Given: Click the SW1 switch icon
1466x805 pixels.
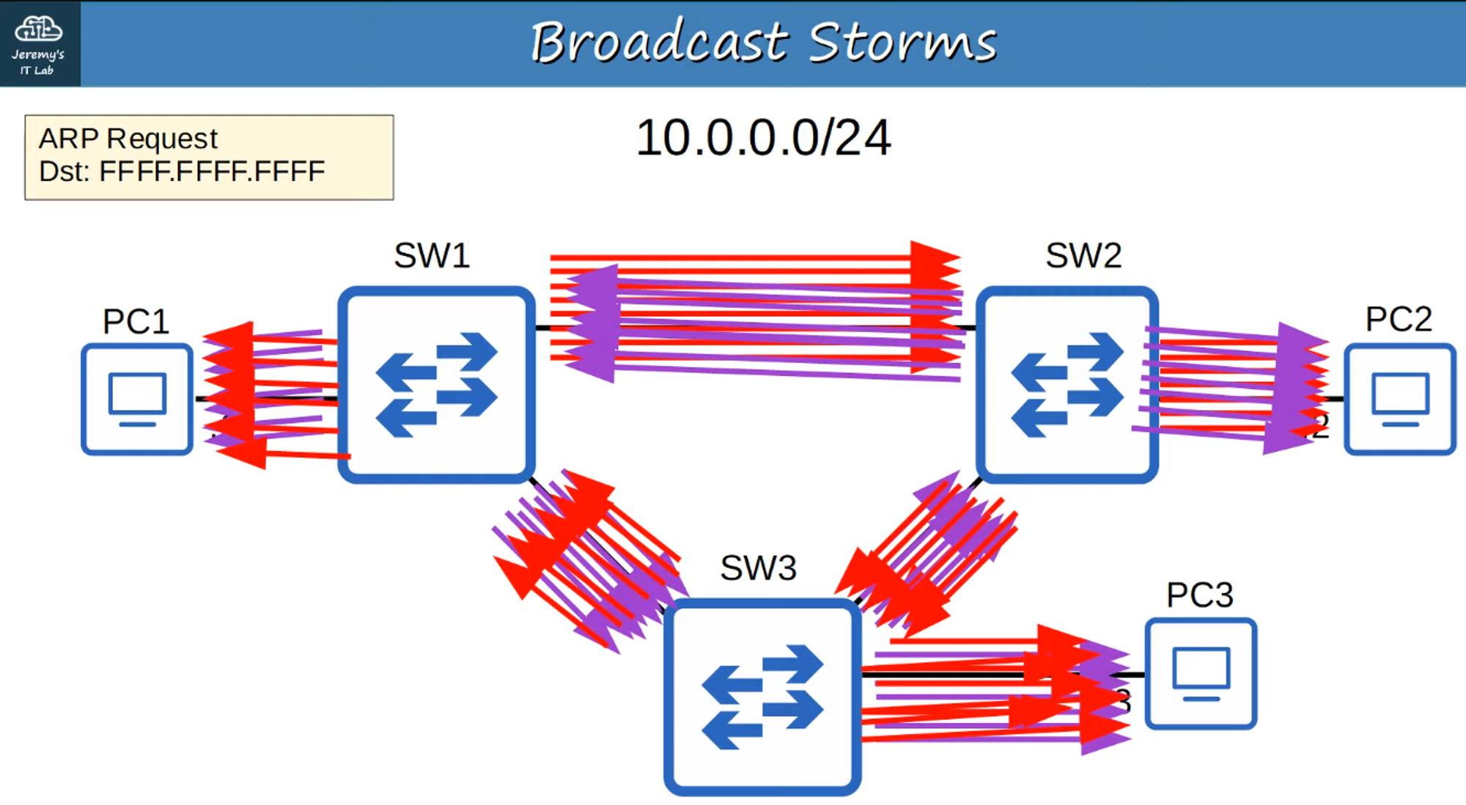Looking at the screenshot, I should (x=436, y=385).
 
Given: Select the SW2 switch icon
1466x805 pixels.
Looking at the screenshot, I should (x=1067, y=385).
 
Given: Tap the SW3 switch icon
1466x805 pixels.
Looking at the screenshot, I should (x=762, y=696).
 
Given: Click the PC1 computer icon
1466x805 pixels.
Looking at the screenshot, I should (x=137, y=400).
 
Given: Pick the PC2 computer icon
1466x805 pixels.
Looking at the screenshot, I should (x=1400, y=400).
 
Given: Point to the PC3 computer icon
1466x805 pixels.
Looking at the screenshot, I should (x=1201, y=674).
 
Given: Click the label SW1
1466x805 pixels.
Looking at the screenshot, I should (x=432, y=256).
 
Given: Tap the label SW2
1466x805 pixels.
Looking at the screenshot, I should (x=1083, y=256).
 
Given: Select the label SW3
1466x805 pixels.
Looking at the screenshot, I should (x=758, y=567).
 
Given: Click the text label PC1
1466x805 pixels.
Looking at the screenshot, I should (x=136, y=321).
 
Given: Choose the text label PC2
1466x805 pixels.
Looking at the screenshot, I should (x=1399, y=319).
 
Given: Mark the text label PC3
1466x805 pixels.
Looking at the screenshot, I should (x=1200, y=595).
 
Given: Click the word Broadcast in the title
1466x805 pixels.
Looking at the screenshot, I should (x=659, y=42).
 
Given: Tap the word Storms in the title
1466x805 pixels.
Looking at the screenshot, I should (x=902, y=42).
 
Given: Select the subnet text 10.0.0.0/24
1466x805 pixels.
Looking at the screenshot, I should (x=763, y=138).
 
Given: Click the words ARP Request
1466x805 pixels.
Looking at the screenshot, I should (x=128, y=139).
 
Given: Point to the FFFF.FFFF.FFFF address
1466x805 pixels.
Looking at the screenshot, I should (x=212, y=172).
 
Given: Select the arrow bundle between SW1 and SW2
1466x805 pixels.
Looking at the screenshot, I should (x=755, y=315).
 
